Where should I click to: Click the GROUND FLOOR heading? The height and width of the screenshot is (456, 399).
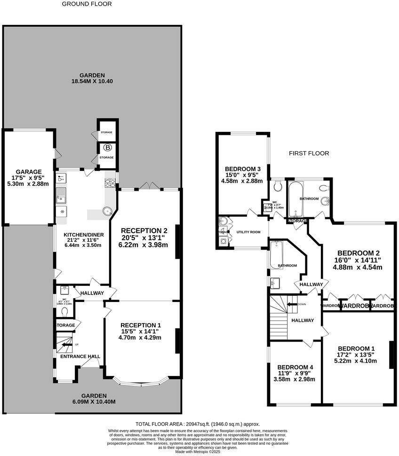pyautogui.click(x=87, y=4)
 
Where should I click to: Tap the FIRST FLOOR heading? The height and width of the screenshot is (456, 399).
pyautogui.click(x=309, y=153)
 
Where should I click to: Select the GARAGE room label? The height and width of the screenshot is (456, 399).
pyautogui.click(x=29, y=171)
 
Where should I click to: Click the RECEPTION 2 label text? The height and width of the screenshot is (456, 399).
pyautogui.click(x=144, y=230)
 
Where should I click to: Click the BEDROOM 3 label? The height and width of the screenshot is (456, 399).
pyautogui.click(x=243, y=169)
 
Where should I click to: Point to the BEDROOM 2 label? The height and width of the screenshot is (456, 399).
pyautogui.click(x=357, y=252)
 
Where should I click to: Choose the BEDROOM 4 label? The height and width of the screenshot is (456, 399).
pyautogui.click(x=295, y=367)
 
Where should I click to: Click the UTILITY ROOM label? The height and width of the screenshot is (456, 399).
pyautogui.click(x=248, y=232)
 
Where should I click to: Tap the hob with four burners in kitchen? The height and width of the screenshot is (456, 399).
pyautogui.click(x=110, y=182)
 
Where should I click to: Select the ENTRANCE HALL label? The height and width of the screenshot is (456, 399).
pyautogui.click(x=80, y=357)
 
